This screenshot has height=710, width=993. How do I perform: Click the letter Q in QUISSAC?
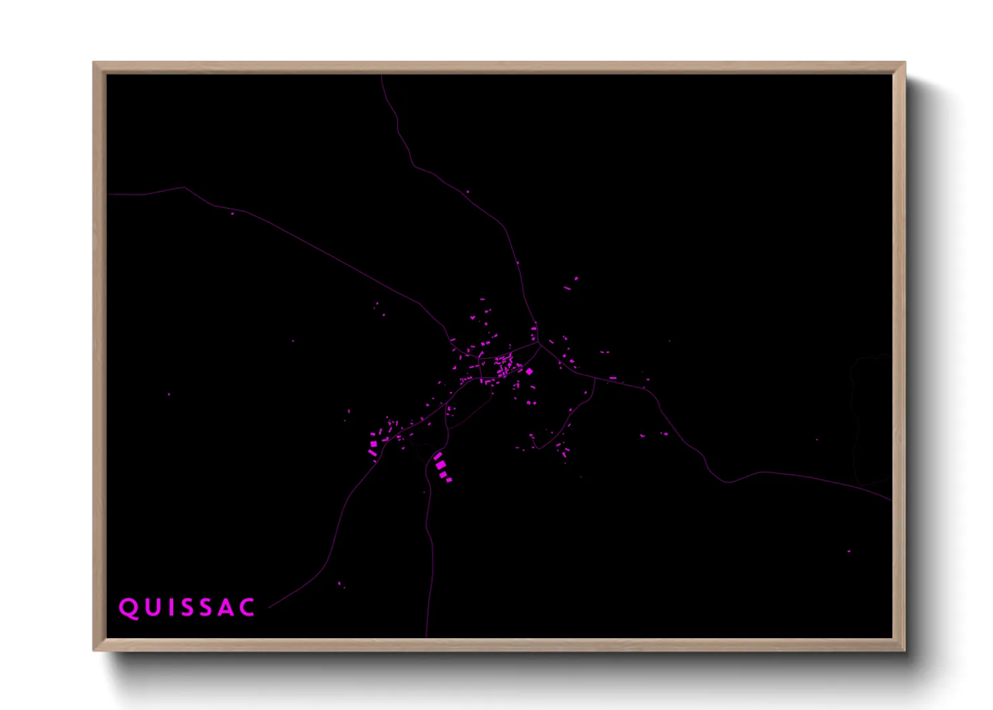[128, 608]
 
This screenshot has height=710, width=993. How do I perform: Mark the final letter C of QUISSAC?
[248, 608]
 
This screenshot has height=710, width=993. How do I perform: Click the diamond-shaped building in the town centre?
[529, 371]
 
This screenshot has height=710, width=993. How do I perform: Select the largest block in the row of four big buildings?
[439, 464]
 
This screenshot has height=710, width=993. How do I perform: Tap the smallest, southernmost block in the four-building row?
[450, 479]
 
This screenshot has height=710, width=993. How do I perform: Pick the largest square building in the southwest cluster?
[374, 443]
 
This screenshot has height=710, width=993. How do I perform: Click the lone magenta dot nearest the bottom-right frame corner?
[849, 552]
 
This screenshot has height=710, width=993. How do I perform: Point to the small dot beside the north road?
[468, 192]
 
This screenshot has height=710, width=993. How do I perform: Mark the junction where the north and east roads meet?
[539, 344]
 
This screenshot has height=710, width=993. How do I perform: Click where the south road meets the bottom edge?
[426, 636]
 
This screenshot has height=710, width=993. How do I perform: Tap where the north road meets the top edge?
[382, 76]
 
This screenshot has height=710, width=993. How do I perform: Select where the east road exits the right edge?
[891, 500]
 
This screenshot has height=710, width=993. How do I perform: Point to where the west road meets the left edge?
[108, 195]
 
